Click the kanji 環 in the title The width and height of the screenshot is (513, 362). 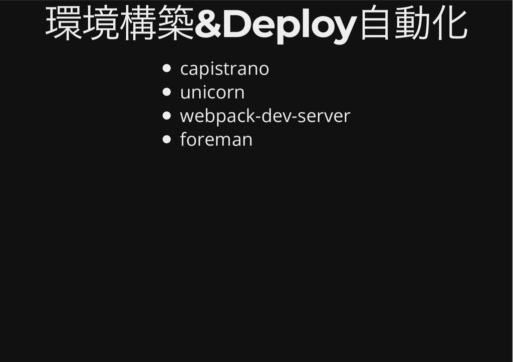tap(64, 24)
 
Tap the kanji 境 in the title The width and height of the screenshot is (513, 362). tap(101, 24)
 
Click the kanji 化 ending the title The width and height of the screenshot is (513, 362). tap(449, 24)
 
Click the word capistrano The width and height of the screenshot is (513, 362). tap(224, 69)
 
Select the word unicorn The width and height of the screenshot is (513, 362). tap(212, 92)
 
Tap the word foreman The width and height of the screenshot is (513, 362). tap(216, 139)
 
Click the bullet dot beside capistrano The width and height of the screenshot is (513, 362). tap(167, 68)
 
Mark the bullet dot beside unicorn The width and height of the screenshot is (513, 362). tap(167, 92)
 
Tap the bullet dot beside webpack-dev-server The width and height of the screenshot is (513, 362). tap(167, 115)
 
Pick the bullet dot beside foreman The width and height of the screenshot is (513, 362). tap(167, 139)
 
